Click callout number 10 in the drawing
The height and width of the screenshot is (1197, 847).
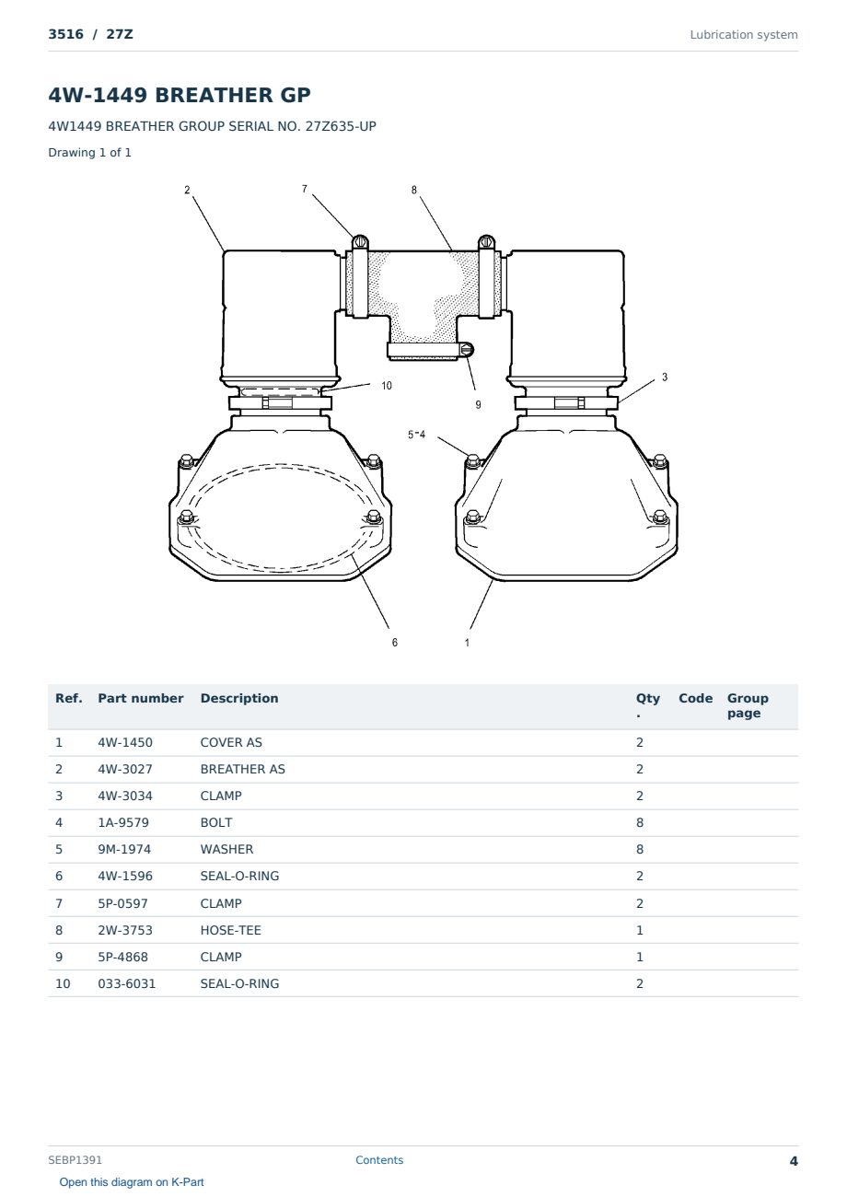(387, 385)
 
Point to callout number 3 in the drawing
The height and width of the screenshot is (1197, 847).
(665, 377)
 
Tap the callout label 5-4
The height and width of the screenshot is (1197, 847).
(416, 435)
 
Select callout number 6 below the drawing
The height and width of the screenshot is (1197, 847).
(395, 643)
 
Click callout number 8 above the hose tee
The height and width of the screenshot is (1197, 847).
(414, 190)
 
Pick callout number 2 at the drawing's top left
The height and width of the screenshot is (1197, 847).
(187, 190)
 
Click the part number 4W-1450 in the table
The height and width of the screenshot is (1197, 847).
(125, 742)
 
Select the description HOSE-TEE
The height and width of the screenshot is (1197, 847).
(230, 930)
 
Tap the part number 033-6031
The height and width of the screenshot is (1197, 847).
(127, 983)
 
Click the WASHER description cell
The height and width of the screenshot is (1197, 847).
(226, 849)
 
